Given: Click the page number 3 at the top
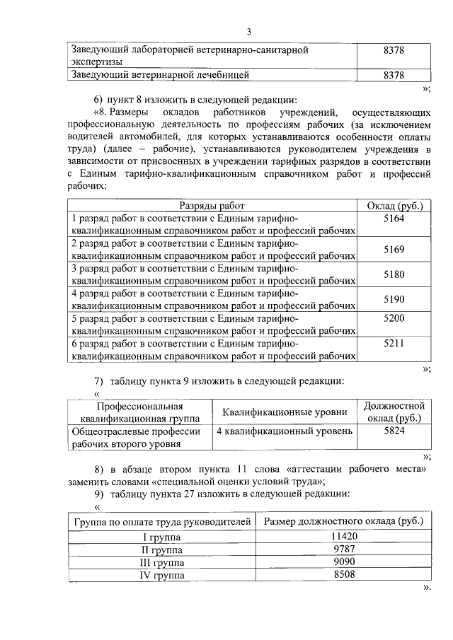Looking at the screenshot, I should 249,31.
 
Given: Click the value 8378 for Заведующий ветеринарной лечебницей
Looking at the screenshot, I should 393,75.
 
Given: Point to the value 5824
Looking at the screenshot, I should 394,431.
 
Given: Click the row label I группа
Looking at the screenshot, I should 161,537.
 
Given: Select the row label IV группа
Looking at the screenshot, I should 161,576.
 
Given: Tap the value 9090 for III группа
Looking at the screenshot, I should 343,563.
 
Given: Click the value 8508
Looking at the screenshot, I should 343,576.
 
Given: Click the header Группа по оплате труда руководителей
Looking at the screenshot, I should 161,522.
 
